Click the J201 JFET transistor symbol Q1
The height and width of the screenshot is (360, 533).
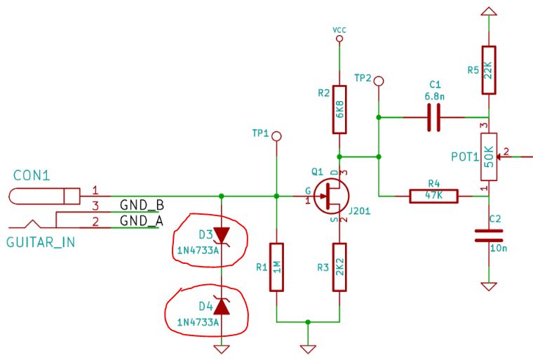pos(332,196)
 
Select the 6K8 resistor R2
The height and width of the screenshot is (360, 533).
pos(339,109)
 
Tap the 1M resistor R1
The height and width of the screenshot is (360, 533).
pos(276,267)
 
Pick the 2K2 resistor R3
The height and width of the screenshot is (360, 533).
pos(339,267)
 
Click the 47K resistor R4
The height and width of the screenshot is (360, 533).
pos(433,196)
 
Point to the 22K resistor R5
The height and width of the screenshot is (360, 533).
pos(489,70)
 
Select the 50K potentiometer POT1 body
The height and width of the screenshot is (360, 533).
pos(489,157)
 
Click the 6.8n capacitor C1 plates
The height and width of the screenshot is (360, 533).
pos(433,117)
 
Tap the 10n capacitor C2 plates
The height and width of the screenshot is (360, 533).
pos(489,236)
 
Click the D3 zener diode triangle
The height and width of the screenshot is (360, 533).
pos(222,235)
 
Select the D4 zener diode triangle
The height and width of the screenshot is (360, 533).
pos(222,306)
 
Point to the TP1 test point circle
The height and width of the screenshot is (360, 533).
pos(277,136)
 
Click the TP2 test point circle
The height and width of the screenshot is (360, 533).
pos(378,81)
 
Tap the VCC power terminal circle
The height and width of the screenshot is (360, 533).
pos(339,39)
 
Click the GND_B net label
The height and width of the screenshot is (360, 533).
pos(142,205)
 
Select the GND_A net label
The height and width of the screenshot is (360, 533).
pos(142,221)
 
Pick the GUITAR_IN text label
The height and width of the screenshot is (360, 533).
pos(41,243)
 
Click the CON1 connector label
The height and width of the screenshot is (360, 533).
pos(32,175)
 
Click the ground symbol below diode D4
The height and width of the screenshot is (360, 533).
pos(222,349)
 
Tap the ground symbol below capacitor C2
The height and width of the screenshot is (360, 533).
pos(489,286)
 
